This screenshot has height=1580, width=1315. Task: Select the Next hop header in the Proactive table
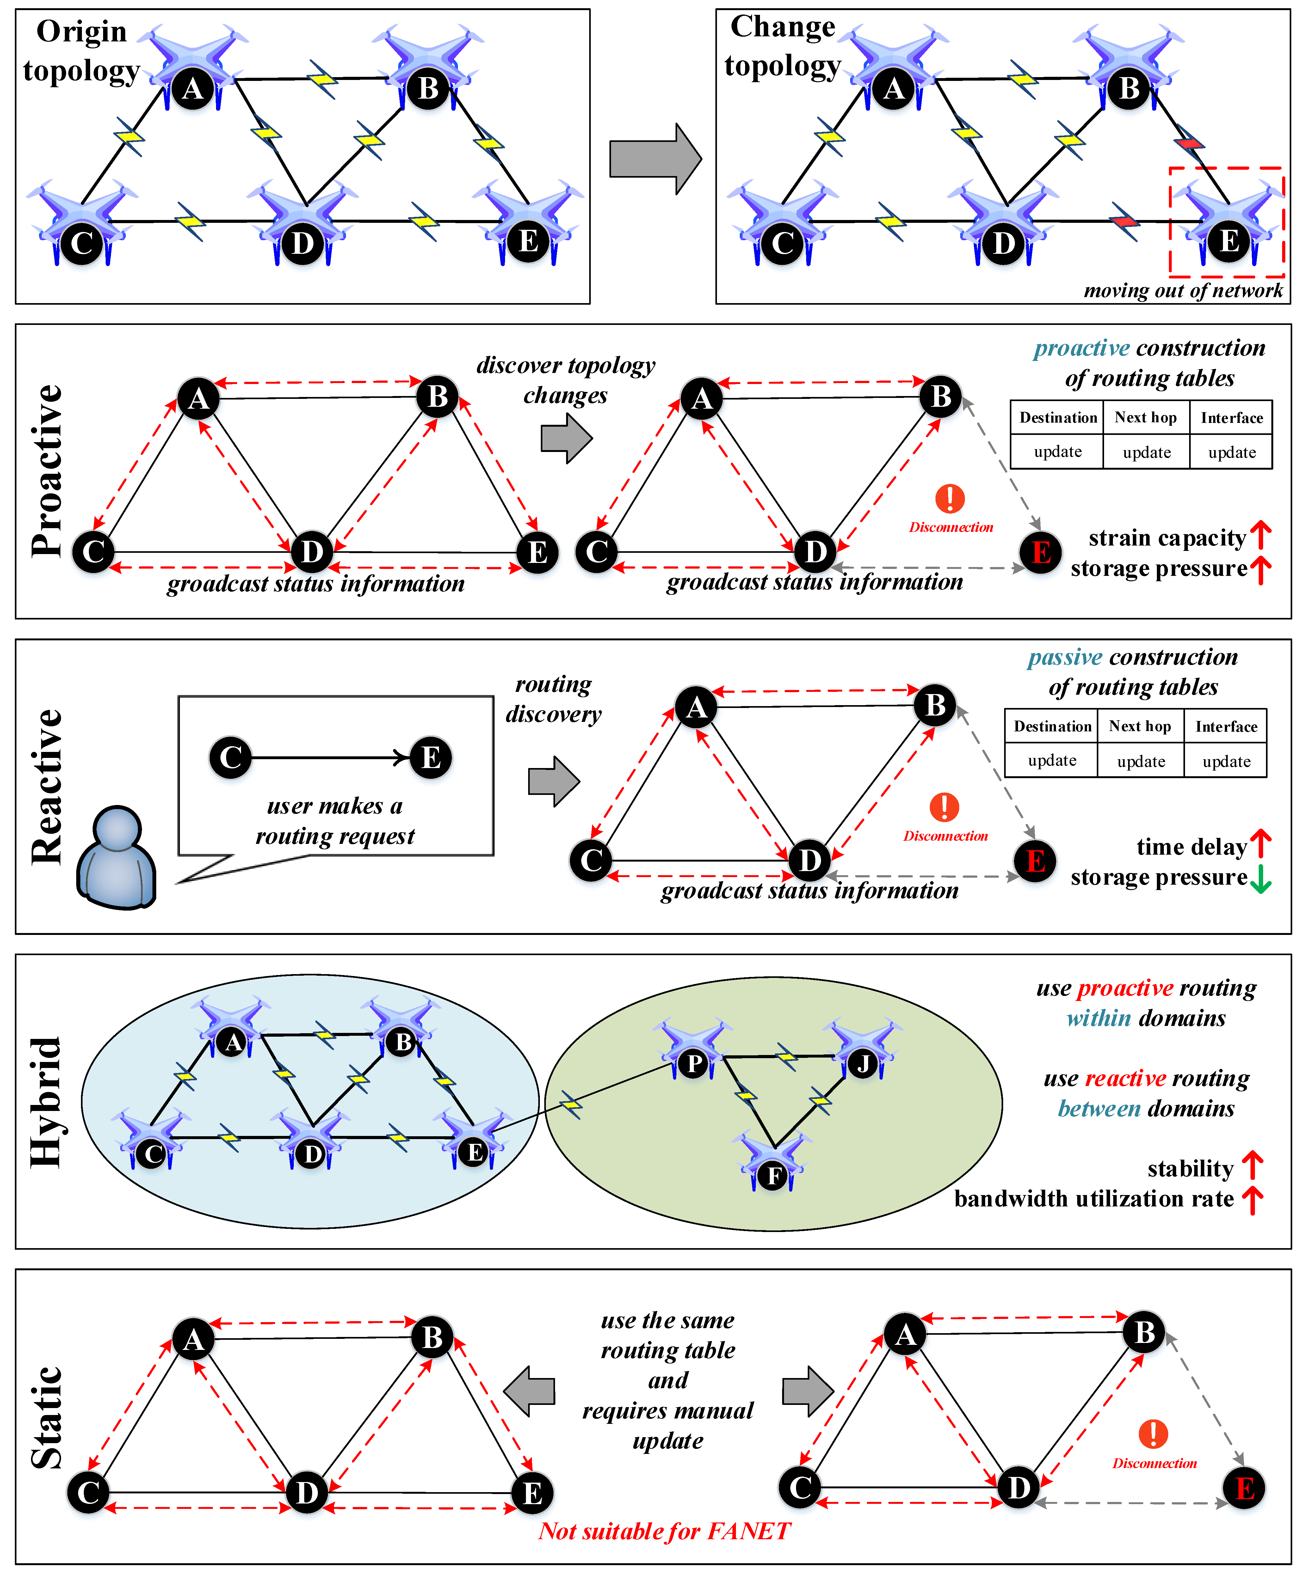click(x=1145, y=418)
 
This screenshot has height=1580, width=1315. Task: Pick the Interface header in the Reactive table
click(x=1226, y=726)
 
